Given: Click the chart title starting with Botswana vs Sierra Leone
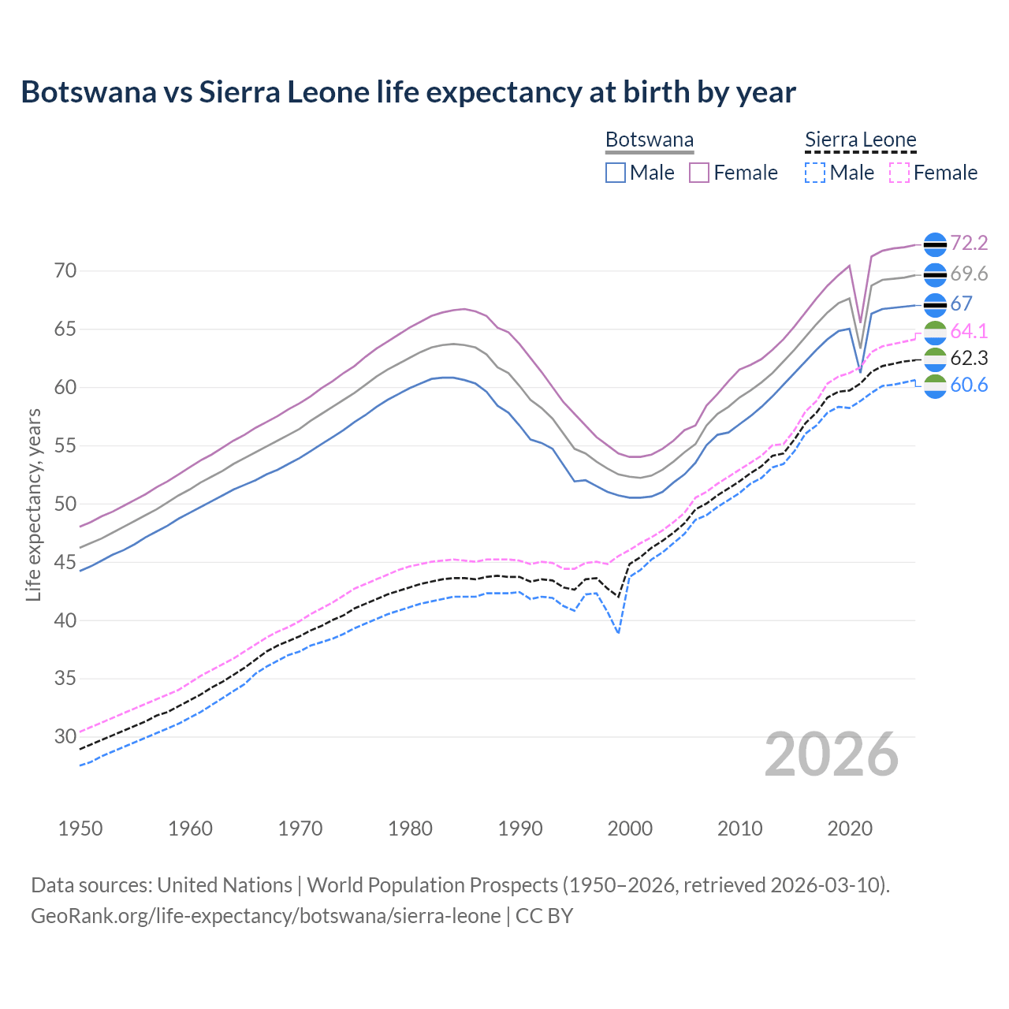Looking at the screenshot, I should point(408,92).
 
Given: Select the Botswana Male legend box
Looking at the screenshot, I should point(616,173).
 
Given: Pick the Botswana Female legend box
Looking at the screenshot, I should point(699,173).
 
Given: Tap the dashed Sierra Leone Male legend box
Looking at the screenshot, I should point(815,173).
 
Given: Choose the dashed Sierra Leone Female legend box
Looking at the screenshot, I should point(899,173).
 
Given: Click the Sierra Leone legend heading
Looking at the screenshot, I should point(860,140).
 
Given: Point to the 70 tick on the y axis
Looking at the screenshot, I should point(65,271).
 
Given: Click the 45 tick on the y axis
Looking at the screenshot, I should point(65,562).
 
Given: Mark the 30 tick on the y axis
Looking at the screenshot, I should point(65,737).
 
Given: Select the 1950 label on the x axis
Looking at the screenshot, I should point(80,828).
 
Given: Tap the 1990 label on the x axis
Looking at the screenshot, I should point(520,828).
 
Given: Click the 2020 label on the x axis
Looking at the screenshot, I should point(850,828).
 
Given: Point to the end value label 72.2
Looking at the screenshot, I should point(969,244).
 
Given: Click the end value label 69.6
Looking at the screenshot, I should point(969,274).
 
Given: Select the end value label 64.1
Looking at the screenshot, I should point(969,331).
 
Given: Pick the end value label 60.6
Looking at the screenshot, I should point(969,385).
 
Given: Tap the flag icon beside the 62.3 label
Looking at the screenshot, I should point(935,359).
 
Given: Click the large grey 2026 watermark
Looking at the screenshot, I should point(832,754).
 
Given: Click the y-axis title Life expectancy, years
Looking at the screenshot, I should point(33,504).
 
